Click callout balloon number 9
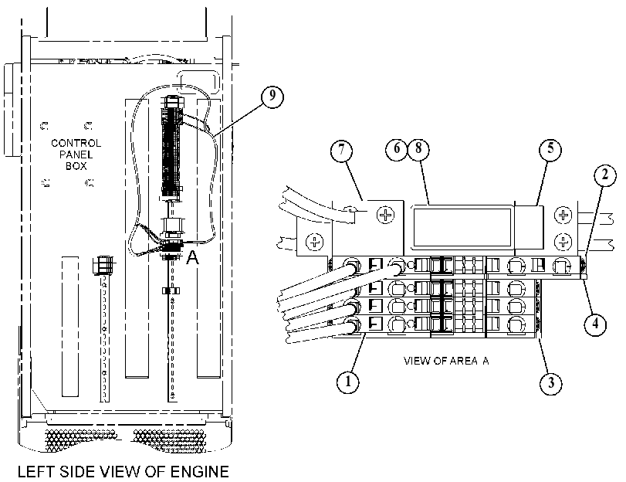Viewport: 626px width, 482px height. point(272,97)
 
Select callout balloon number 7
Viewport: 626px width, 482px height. point(342,151)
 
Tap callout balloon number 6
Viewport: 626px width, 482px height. point(396,148)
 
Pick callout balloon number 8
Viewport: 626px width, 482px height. point(418,148)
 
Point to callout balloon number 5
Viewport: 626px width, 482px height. point(550,150)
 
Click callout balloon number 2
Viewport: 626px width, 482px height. point(605,175)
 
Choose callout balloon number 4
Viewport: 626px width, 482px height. point(595,324)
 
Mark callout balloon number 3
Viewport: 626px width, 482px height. point(551,383)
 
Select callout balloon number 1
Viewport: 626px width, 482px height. point(347,382)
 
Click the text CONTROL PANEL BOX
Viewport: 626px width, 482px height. point(76,154)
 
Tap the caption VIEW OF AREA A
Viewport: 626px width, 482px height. point(446,361)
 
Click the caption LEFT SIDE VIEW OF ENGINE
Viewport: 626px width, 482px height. point(124,472)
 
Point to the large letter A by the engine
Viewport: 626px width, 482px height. point(192,257)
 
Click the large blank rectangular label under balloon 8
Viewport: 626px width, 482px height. point(462,227)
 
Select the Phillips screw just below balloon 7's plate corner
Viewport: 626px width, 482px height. point(385,215)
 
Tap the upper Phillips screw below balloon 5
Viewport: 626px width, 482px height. point(563,215)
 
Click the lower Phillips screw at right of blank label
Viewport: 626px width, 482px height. point(563,242)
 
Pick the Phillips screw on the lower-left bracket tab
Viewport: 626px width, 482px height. point(314,242)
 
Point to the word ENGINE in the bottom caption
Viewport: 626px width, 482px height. point(200,472)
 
